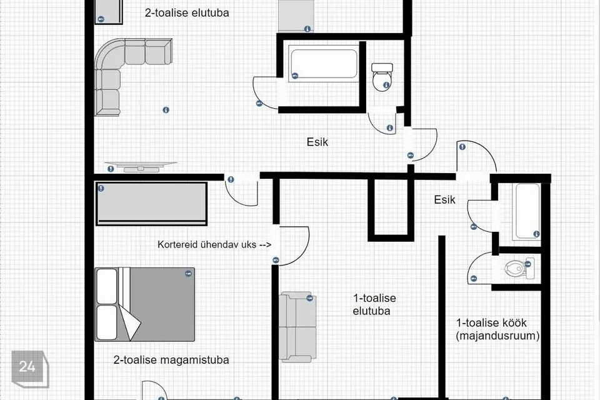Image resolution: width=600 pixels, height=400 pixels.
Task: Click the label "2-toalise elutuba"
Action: pos(187,12)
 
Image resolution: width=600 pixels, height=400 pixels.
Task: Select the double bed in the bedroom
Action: pos(144,304)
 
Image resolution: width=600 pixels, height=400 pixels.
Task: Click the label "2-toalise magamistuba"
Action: pos(171,360)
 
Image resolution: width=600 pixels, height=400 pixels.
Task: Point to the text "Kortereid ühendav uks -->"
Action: pos(214,244)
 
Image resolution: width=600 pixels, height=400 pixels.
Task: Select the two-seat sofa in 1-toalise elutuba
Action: pos(298,327)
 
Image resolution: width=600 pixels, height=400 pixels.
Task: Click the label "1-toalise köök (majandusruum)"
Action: pos(497,329)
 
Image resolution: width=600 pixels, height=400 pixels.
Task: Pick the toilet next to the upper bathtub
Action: pos(382,77)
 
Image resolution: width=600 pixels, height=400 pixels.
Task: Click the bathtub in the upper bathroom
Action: pos(324,64)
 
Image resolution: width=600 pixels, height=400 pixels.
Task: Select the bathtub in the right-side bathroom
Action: pos(527,212)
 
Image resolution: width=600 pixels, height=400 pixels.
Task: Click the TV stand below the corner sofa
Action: pos(141,166)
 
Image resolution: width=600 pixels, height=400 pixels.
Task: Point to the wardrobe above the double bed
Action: pos(151,204)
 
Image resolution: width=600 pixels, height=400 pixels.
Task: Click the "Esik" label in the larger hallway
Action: pos(317,142)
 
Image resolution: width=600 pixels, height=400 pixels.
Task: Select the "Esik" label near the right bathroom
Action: pos(444,199)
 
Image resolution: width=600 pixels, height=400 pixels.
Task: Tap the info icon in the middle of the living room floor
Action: pos(166,110)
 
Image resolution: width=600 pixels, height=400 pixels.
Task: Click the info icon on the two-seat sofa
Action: pos(309,297)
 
